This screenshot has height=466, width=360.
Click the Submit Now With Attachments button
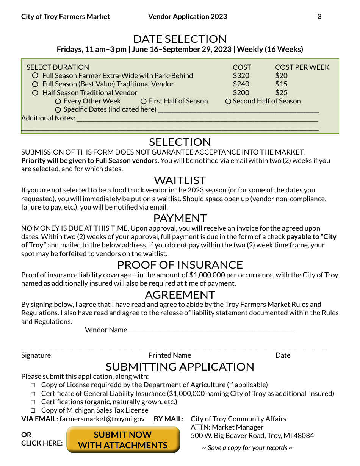(123, 440)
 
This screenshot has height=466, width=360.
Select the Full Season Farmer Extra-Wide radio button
(35, 76)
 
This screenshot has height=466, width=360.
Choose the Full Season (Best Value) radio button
(35, 84)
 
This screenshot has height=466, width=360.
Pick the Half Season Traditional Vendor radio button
(35, 93)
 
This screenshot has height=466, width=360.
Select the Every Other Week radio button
(58, 102)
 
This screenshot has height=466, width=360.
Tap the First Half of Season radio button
(144, 102)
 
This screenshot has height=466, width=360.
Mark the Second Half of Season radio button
(228, 102)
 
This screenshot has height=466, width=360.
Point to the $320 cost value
(241, 76)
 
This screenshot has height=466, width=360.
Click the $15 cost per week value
(281, 84)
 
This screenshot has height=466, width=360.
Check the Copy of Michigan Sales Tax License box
(33, 411)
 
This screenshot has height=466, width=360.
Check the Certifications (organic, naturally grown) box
(33, 402)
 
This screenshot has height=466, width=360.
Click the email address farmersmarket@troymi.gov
(102, 419)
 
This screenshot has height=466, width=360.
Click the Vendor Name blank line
(210, 330)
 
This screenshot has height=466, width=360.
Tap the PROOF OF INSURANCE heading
(180, 265)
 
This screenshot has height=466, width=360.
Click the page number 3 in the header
(319, 17)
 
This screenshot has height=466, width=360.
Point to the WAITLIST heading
(180, 180)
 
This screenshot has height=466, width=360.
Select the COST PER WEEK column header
(302, 67)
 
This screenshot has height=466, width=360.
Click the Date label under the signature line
(283, 355)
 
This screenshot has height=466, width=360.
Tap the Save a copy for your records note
(247, 448)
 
